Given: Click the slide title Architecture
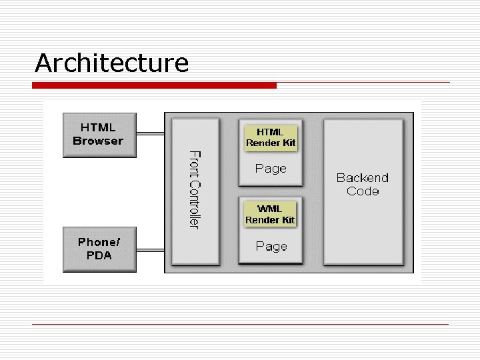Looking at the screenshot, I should click(x=112, y=63).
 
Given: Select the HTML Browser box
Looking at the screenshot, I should click(x=99, y=135).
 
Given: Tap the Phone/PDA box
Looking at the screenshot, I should click(x=99, y=249).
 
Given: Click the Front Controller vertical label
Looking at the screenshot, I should click(x=194, y=189).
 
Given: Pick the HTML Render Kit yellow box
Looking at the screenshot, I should click(x=271, y=137).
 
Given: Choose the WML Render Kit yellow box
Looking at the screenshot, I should click(x=270, y=215).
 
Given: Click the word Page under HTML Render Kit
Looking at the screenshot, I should click(x=271, y=169).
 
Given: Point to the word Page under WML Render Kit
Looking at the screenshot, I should click(x=271, y=247).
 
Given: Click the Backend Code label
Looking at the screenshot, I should click(x=363, y=184).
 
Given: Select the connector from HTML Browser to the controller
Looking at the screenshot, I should click(x=150, y=133).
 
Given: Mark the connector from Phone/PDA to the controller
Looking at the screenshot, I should click(x=150, y=251).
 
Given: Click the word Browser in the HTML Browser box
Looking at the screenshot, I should click(x=98, y=141).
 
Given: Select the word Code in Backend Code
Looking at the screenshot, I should click(x=363, y=191).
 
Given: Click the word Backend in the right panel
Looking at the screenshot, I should click(x=363, y=177).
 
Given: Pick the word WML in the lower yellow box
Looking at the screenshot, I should click(x=270, y=209).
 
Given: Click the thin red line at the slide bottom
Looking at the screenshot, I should click(x=240, y=325).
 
